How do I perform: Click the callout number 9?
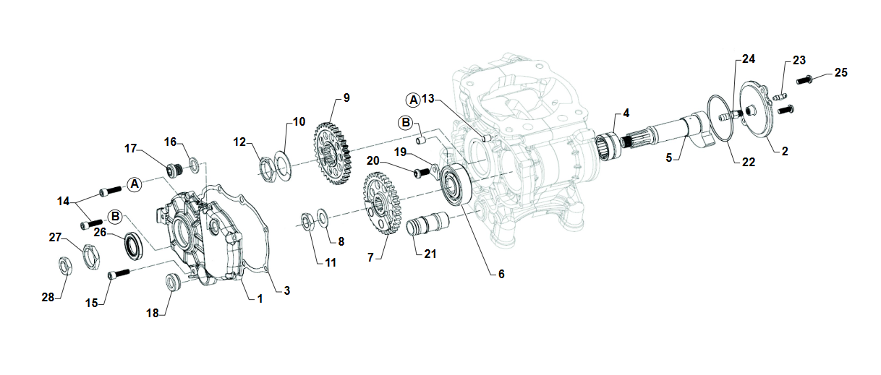pos(346,98)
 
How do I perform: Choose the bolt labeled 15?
pos(119,275)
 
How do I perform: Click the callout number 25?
pos(840,72)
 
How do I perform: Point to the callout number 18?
pos(152,313)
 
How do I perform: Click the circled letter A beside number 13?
pos(413,99)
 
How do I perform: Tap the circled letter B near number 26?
pos(115,217)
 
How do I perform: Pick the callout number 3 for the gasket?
pos(287,290)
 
